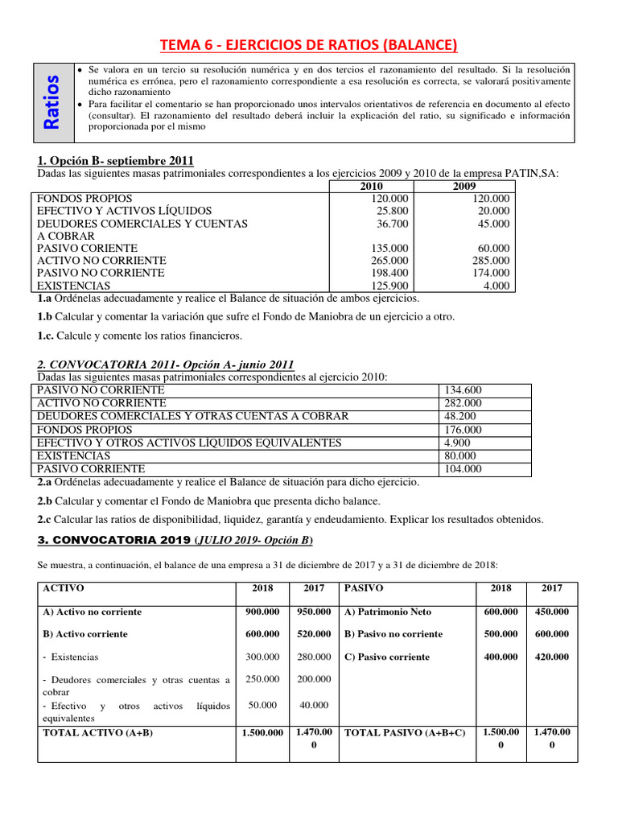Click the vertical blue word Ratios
click(51, 102)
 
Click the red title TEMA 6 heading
click(308, 45)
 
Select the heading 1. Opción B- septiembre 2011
click(116, 160)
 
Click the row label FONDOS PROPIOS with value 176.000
click(75, 430)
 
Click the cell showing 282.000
click(463, 403)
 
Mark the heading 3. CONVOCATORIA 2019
click(112, 539)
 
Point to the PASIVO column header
click(364, 588)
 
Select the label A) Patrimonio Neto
click(389, 612)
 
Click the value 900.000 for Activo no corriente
click(262, 612)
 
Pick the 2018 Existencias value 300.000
click(262, 657)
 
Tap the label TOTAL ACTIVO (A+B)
click(97, 732)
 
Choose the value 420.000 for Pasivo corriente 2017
click(551, 657)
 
